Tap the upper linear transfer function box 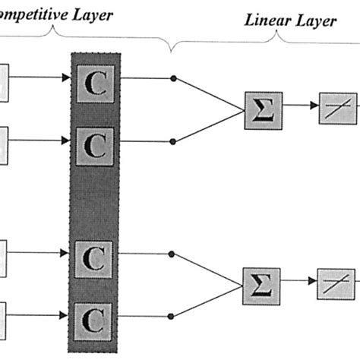[x=336, y=107]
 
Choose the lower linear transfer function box [x=336, y=283]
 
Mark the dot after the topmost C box [x=175, y=78]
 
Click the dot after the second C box [x=175, y=140]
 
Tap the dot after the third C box [x=175, y=254]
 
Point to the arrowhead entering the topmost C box [x=67, y=77]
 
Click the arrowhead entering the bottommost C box [x=67, y=313]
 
